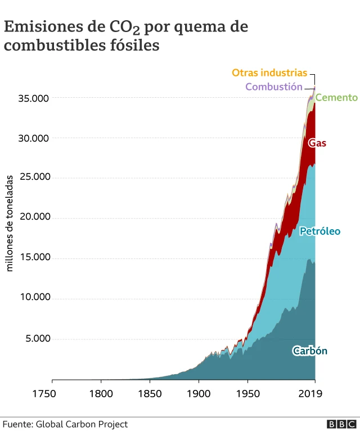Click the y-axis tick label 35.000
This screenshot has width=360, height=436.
pos(34,98)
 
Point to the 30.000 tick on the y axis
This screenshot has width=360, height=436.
pos(34,138)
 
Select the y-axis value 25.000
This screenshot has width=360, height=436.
pos(34,177)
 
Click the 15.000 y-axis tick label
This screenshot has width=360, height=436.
pos(34,257)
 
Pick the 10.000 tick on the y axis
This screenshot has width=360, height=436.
pos(34,297)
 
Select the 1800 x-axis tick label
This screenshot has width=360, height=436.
pos(101,393)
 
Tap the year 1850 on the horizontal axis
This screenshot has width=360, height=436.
pos(150,393)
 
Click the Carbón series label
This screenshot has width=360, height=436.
pos(309,351)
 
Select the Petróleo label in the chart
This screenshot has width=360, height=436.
pos(319,231)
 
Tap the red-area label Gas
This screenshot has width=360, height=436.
pos(317,143)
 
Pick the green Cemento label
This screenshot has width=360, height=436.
pos(336,98)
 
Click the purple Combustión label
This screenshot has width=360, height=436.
pos(273,87)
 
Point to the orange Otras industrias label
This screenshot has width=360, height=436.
pos(269,73)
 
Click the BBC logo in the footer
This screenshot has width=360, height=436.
pos(341,425)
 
